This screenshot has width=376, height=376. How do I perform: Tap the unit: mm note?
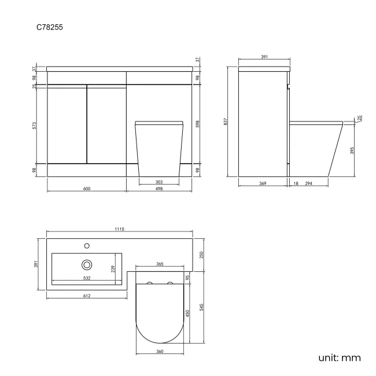click(339, 357)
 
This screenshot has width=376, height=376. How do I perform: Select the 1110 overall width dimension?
click(119, 230)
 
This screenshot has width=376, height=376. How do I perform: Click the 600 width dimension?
click(86, 188)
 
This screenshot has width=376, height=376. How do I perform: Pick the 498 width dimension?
click(159, 188)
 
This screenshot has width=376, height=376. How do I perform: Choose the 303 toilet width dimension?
click(159, 182)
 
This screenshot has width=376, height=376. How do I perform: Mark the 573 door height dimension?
click(35, 124)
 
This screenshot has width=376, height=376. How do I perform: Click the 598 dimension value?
click(198, 124)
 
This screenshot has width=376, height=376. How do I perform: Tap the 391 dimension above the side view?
click(264, 57)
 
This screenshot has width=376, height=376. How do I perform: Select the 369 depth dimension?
click(262, 183)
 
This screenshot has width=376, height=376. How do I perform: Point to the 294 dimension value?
click(309, 183)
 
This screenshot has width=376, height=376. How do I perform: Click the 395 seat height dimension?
click(352, 150)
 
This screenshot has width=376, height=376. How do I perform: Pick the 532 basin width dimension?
click(86, 278)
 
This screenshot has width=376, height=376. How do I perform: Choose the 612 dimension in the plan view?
click(86, 296)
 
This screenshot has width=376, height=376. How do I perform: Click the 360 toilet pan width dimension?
click(160, 351)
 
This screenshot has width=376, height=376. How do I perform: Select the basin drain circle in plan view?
click(87, 264)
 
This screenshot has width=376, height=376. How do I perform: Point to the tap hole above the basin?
click(87, 245)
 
